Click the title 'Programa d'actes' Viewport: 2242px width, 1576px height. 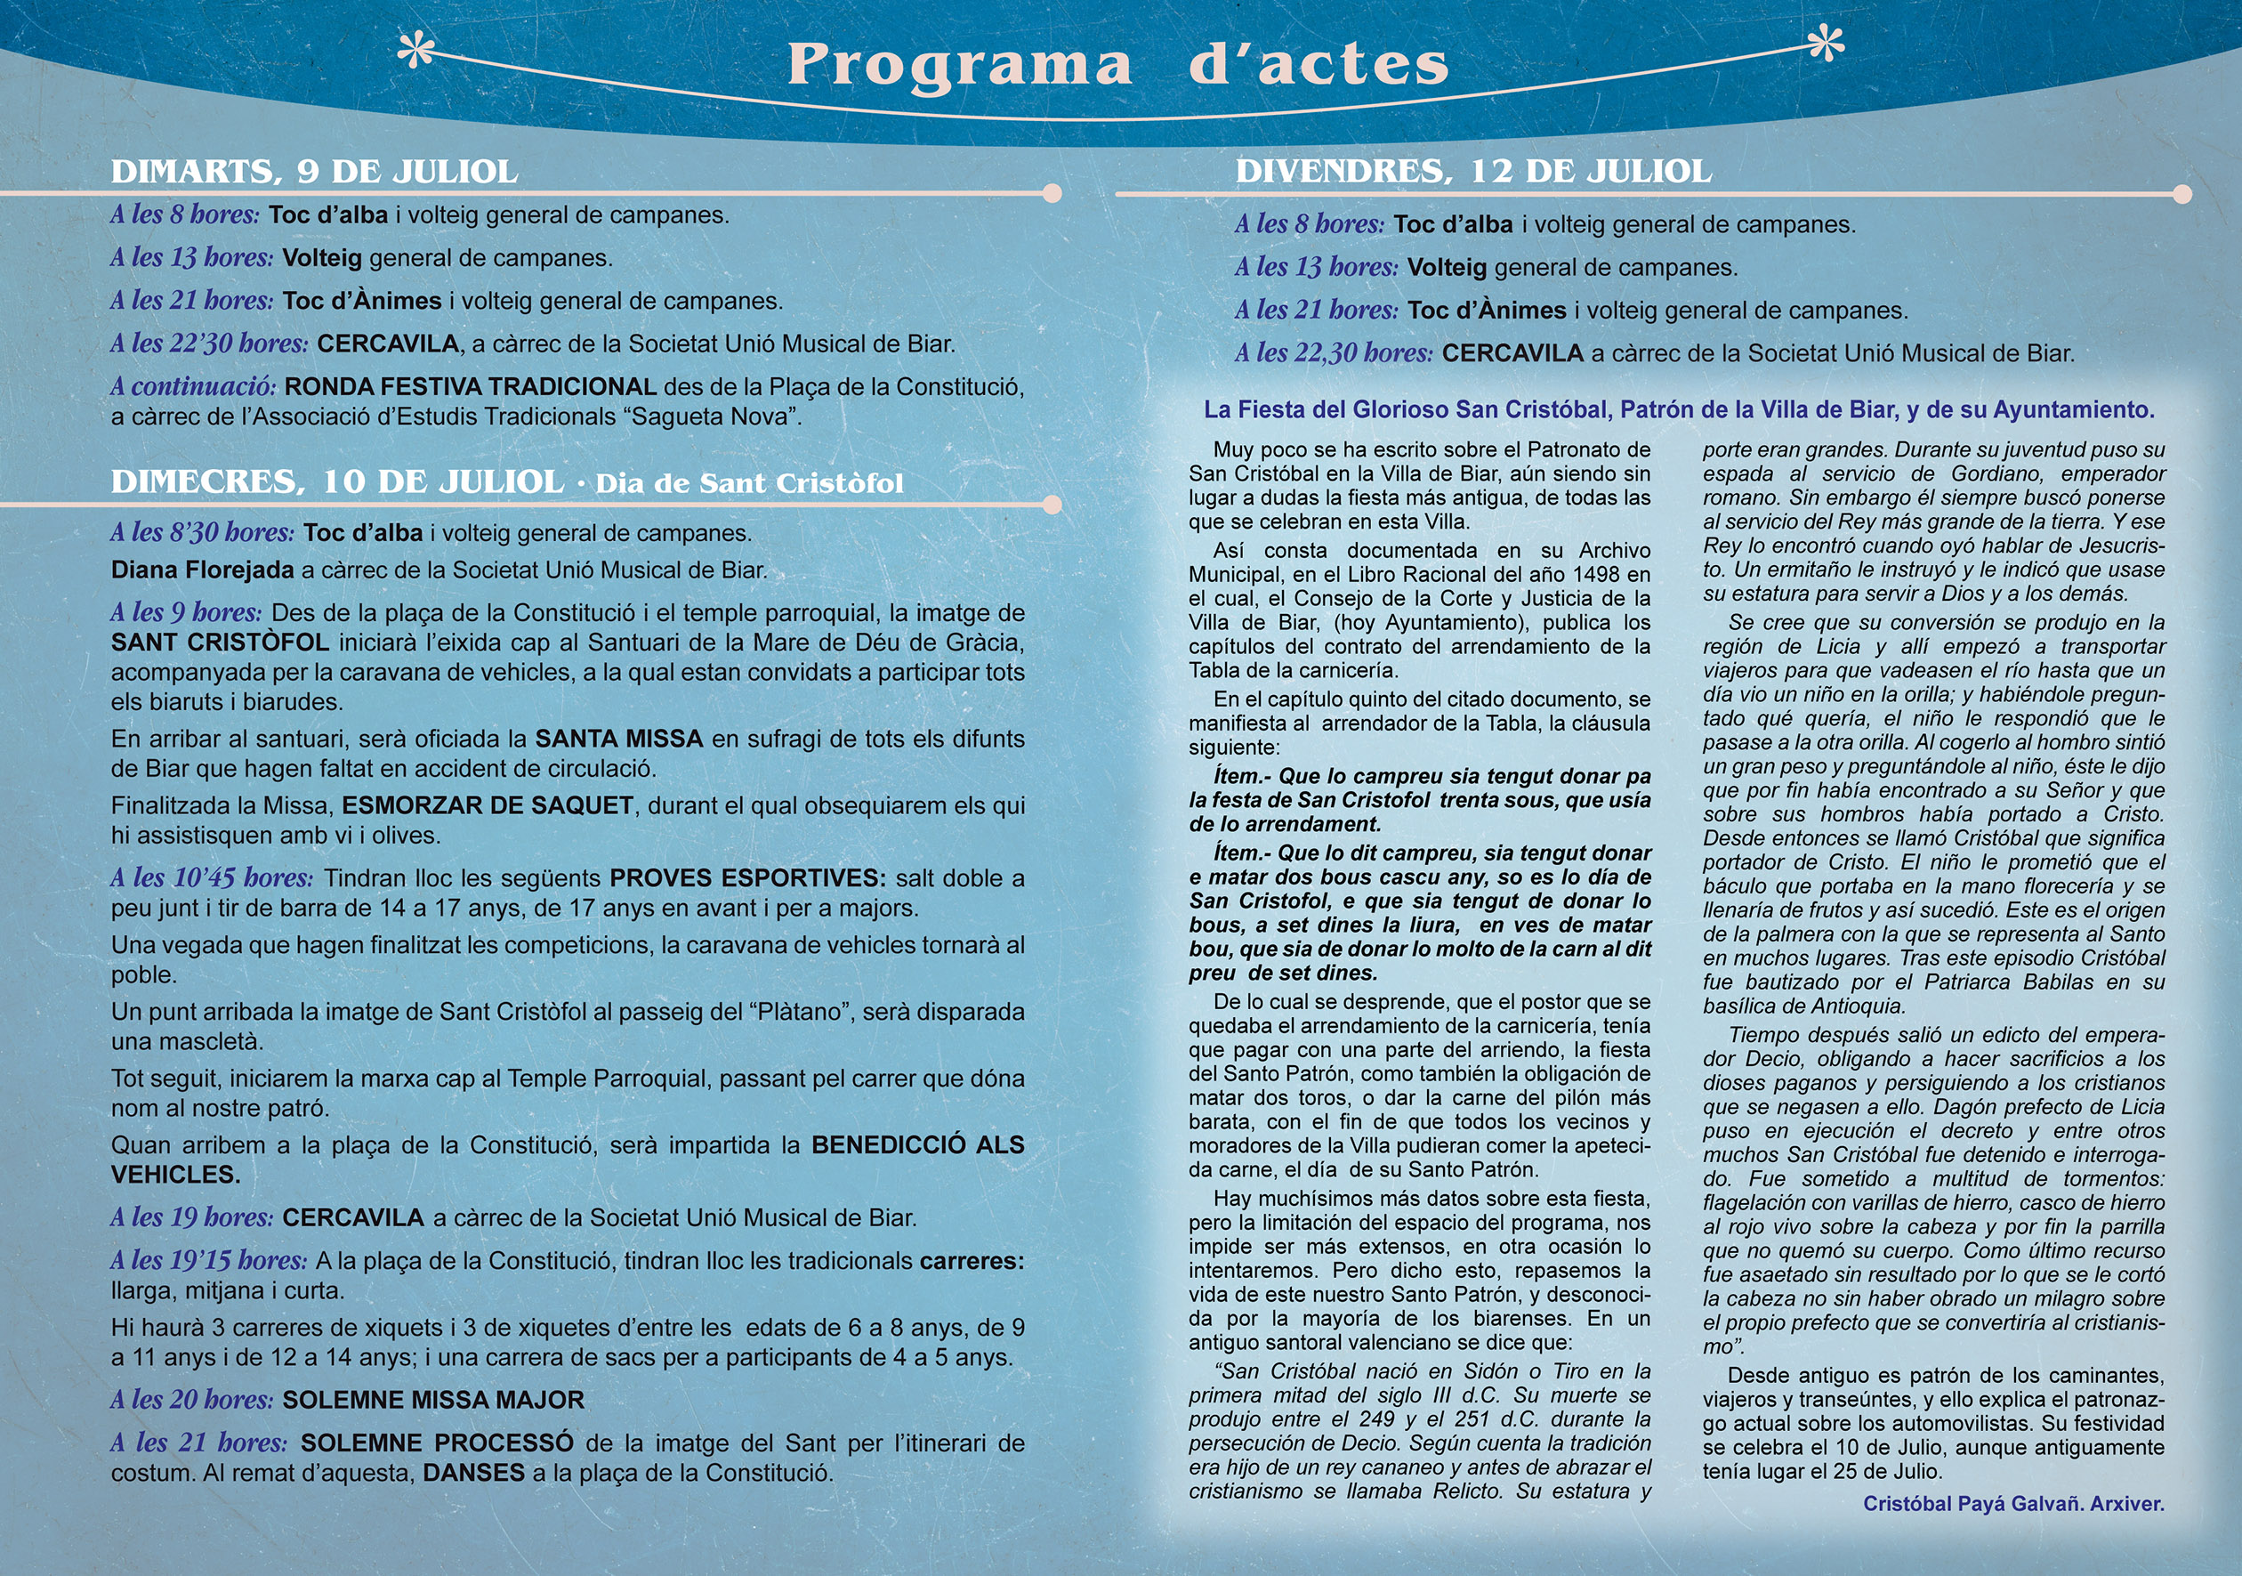pos(1117,64)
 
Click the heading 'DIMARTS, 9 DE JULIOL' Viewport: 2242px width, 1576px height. pos(313,172)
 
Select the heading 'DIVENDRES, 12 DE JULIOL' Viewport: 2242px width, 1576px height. pos(1472,172)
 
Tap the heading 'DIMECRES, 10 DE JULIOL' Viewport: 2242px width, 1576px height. pos(337,481)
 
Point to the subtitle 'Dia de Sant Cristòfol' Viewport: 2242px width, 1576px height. pos(749,483)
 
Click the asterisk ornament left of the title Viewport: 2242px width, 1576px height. pos(417,50)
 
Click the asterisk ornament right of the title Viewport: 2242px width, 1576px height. pos(1825,43)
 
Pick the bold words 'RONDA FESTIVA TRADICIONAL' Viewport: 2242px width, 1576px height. pos(471,387)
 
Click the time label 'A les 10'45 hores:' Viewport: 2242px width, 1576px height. pos(212,877)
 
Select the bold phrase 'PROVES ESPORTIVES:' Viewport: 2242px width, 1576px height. pos(747,877)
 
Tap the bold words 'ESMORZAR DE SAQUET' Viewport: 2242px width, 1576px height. pos(488,805)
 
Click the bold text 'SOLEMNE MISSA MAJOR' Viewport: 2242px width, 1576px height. pos(433,1399)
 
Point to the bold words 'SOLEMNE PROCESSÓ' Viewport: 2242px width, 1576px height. pos(437,1443)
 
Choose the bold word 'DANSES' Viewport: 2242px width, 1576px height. pos(473,1473)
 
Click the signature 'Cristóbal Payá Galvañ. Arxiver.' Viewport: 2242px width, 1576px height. pos(2013,1504)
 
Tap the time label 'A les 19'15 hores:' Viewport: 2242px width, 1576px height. pos(209,1261)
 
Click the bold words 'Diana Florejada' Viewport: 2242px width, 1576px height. pos(202,570)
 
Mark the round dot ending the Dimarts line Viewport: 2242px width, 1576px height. pos(1052,193)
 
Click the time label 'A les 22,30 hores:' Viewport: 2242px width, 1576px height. pos(1334,352)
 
